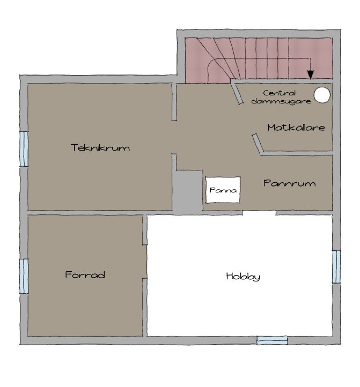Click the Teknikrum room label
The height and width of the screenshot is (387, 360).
tap(100, 147)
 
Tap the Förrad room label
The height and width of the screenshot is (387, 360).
tap(85, 274)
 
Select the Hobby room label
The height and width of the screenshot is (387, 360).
tap(243, 277)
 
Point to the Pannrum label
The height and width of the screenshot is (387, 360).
tap(289, 183)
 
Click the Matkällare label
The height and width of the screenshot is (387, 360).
tap(296, 128)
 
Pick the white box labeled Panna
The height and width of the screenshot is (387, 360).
tap(223, 190)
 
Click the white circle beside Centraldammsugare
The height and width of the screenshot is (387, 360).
tap(322, 95)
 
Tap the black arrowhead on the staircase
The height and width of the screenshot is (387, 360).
tap(311, 75)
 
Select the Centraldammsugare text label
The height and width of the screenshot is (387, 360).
tap(281, 97)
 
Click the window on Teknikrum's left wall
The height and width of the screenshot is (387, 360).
tap(24, 148)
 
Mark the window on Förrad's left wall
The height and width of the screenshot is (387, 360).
tap(24, 276)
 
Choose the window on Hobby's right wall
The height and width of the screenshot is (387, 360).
tap(336, 267)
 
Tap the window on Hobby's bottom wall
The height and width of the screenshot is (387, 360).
tap(272, 340)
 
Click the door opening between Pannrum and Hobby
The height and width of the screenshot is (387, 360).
tap(259, 213)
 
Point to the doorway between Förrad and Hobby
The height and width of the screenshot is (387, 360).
tap(145, 262)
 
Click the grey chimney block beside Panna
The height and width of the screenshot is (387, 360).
tap(187, 191)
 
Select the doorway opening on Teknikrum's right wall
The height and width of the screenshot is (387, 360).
tap(174, 137)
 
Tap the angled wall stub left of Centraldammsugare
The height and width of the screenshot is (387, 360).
tap(237, 93)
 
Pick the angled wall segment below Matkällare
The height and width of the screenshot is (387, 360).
tap(258, 144)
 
